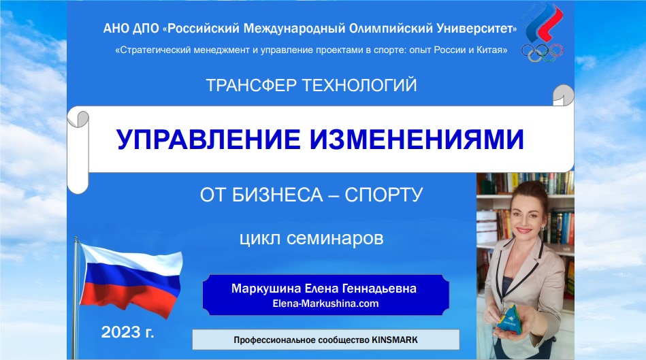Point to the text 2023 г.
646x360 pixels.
point(128,333)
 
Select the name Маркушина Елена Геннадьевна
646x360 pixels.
point(324,289)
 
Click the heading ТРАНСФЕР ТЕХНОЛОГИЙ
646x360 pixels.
point(311,86)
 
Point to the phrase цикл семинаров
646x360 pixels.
point(312,239)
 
